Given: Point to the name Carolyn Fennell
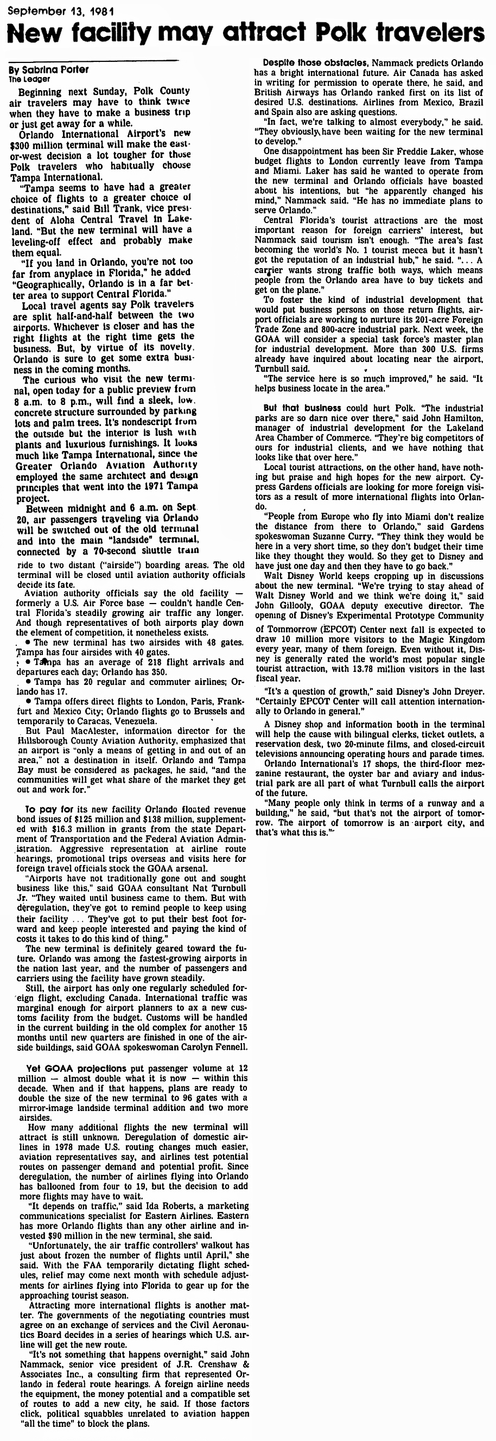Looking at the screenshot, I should click(216, 1046).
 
